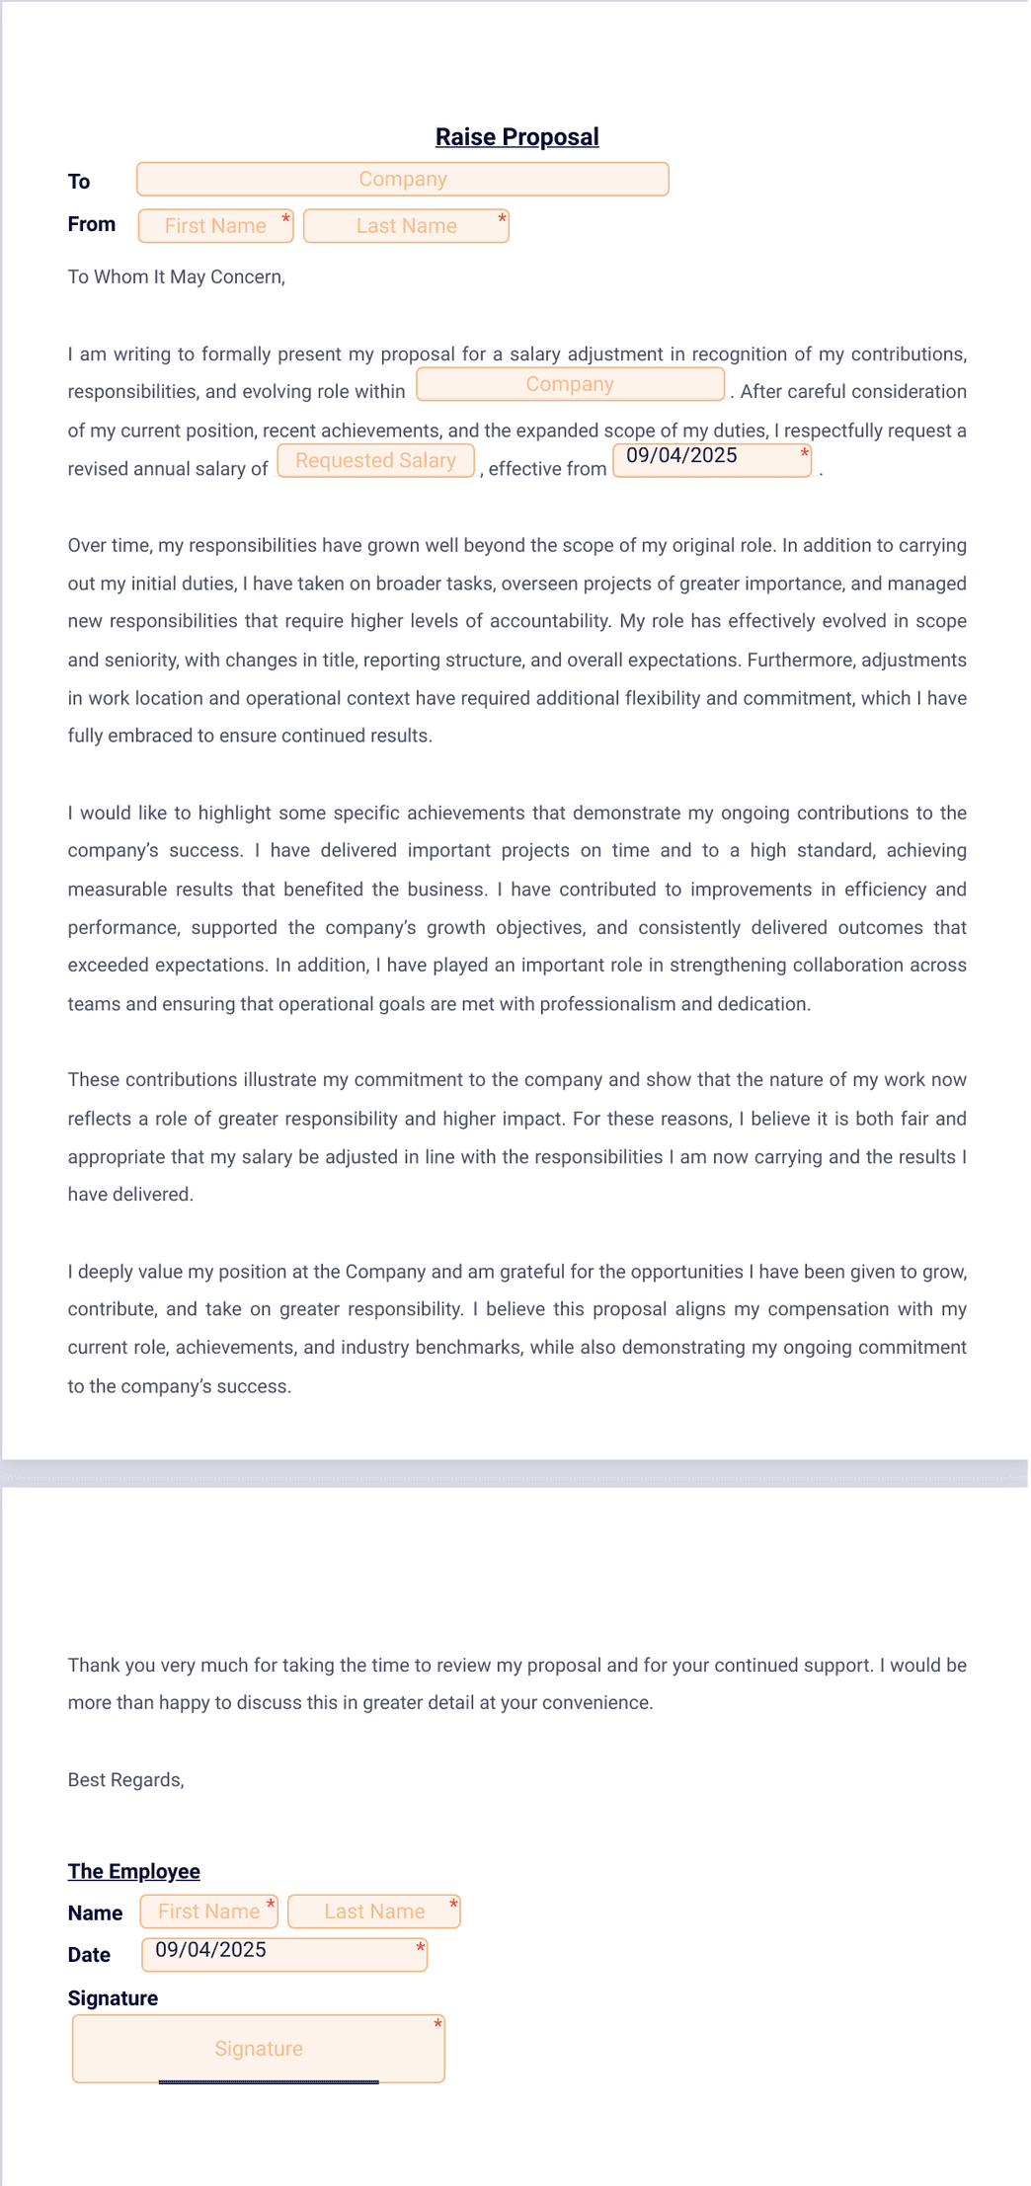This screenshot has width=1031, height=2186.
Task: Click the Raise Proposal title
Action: click(516, 137)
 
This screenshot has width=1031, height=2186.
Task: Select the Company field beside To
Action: click(402, 180)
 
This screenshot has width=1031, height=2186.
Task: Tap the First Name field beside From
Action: click(215, 226)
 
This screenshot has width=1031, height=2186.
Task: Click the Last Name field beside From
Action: click(406, 226)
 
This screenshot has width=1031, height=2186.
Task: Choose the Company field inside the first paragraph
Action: click(570, 384)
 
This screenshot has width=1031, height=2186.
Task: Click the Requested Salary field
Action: click(375, 461)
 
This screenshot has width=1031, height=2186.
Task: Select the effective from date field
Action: click(711, 460)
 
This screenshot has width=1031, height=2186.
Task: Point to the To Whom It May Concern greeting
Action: click(176, 277)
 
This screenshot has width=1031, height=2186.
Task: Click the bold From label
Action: click(92, 224)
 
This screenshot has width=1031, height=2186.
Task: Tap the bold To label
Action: click(79, 182)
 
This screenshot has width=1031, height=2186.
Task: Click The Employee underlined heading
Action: click(133, 1871)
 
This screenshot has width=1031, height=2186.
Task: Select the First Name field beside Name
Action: click(208, 1912)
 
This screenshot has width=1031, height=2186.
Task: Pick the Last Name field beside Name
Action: click(373, 1912)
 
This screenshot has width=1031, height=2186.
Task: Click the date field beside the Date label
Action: click(283, 1954)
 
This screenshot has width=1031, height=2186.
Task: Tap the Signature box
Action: click(258, 2049)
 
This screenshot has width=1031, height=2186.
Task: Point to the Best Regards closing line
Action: click(125, 1780)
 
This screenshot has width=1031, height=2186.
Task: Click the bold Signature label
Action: click(113, 1998)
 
